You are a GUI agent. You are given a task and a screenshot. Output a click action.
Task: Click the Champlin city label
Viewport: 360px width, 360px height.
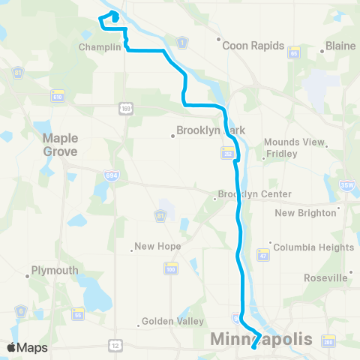pos(100,46)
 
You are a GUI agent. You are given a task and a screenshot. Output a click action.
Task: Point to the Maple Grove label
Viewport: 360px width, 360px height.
pos(60,144)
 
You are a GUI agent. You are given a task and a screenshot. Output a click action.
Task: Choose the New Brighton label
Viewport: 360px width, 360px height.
pos(306,213)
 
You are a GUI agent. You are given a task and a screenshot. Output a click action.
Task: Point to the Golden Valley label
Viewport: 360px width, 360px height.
pos(173,322)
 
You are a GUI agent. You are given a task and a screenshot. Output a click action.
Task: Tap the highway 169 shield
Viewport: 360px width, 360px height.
pos(124,109)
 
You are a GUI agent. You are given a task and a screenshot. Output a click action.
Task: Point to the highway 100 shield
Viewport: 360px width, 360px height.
pos(171,268)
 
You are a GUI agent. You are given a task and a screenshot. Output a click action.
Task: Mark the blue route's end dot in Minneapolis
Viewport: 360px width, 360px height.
pos(253,346)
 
